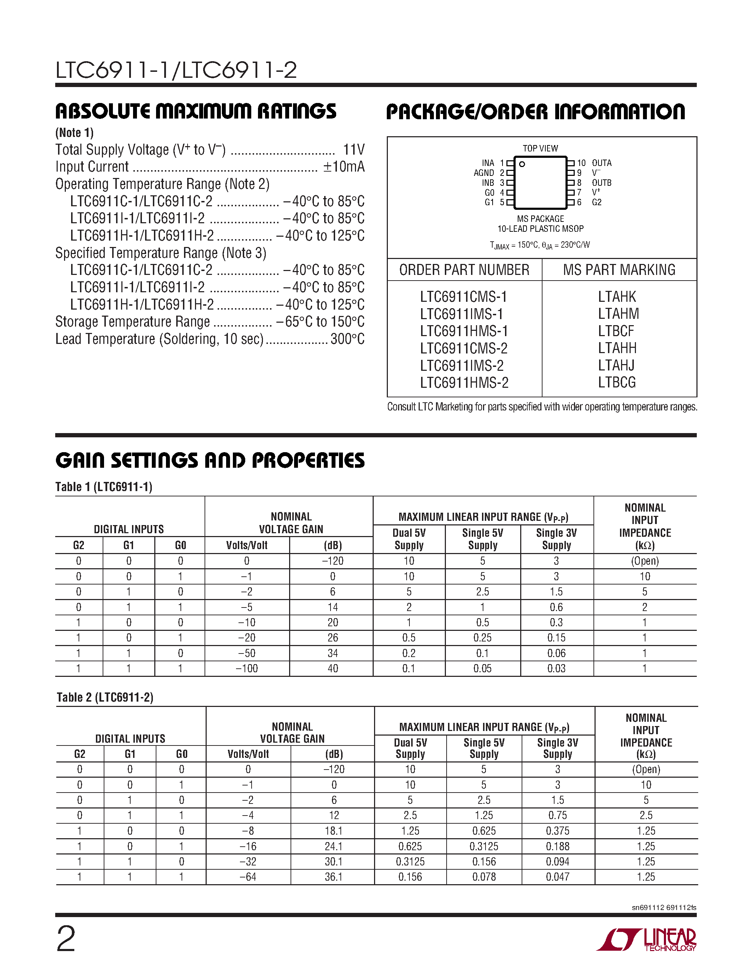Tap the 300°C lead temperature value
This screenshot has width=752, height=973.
point(348,339)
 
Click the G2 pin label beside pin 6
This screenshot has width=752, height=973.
point(597,202)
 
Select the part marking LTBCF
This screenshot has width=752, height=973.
point(616,332)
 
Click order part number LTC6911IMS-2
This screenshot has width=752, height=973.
point(461,366)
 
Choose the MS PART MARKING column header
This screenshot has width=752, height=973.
point(619,270)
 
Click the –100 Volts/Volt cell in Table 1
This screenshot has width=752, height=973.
point(247,669)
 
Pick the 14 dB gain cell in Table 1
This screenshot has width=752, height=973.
point(332,607)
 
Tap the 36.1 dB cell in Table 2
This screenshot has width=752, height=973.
point(333,877)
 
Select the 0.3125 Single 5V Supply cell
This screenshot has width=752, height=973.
point(484,846)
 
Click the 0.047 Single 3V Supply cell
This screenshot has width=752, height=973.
point(557,877)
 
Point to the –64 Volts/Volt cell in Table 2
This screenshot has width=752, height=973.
point(248,877)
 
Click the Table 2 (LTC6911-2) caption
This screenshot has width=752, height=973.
point(105,698)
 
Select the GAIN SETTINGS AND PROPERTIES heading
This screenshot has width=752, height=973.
point(210,461)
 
